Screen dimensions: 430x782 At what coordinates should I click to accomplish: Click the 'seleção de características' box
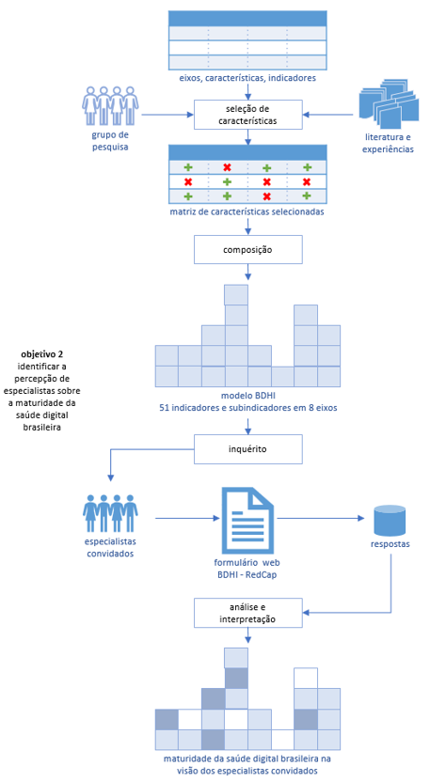[248, 115]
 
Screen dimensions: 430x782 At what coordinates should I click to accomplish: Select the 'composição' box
[248, 249]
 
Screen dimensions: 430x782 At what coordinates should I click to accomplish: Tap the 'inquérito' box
[248, 449]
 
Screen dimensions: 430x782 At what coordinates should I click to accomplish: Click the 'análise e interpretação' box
[248, 613]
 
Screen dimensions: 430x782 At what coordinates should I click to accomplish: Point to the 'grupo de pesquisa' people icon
[110, 105]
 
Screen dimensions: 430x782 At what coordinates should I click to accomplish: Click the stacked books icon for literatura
[388, 103]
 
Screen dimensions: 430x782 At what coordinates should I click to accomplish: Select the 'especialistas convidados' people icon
[110, 514]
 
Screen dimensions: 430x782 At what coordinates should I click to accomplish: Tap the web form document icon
[247, 519]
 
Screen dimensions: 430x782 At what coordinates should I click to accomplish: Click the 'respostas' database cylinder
[390, 519]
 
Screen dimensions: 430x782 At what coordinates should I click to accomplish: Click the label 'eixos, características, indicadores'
[248, 78]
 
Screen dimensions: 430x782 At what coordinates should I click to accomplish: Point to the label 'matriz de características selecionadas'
[247, 211]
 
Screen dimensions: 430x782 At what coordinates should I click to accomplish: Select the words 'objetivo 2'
[42, 354]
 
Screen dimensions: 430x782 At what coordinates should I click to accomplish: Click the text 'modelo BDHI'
[247, 397]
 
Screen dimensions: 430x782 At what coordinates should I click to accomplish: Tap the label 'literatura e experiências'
[388, 143]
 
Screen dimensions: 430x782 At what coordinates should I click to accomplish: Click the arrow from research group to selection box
[167, 115]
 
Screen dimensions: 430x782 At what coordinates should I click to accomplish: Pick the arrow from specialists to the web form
[188, 518]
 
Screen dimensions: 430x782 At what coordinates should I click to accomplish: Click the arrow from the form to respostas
[321, 518]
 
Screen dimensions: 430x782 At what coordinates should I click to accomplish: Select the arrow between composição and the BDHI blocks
[248, 273]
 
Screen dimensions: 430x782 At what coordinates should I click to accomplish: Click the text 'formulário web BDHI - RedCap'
[247, 568]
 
